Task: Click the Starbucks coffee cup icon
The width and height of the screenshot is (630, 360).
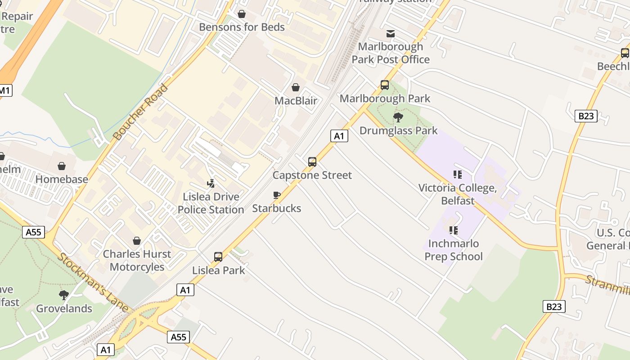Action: (277, 195)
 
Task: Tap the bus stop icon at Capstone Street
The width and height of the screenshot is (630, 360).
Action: (312, 162)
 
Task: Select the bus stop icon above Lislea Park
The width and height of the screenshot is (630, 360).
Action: (218, 257)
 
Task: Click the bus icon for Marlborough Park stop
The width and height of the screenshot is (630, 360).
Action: (385, 85)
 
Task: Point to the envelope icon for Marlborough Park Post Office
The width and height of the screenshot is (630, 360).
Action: (391, 34)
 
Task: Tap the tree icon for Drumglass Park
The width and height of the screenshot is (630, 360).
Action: (398, 117)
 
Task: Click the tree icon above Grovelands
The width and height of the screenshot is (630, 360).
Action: (64, 295)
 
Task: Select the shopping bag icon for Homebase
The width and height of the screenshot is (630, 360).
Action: (62, 166)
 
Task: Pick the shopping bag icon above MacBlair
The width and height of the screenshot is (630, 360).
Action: (296, 87)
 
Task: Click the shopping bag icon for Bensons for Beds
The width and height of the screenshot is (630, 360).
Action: (242, 14)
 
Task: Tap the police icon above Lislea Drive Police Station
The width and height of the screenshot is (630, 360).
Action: (211, 184)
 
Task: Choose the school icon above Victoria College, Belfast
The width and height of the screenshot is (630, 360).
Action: (458, 175)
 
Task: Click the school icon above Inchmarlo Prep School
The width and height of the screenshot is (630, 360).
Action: (454, 230)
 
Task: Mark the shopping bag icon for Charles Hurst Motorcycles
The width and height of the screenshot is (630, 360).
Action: (137, 241)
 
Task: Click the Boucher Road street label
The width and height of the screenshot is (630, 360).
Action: (139, 112)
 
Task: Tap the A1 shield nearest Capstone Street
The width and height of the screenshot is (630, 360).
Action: (339, 135)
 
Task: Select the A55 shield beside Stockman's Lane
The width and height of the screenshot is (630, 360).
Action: (34, 232)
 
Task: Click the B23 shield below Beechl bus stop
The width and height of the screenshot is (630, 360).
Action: (586, 116)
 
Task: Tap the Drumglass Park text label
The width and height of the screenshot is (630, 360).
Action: (398, 130)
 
